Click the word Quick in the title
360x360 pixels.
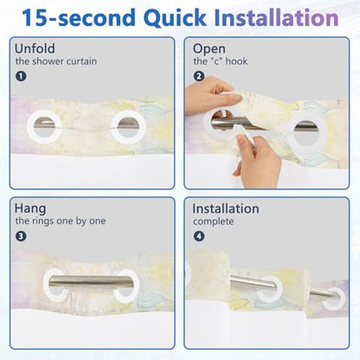175,18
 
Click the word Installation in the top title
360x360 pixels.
276,17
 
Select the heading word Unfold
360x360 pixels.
35,48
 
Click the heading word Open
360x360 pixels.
209,49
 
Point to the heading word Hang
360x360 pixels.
30,209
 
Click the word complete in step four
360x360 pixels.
214,222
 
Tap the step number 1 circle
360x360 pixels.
21,76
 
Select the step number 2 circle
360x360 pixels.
199,76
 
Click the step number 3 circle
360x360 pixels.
21,236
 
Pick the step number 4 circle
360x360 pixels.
199,236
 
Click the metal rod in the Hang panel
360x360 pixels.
91,281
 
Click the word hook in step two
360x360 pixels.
236,61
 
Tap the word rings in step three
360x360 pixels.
42,222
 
